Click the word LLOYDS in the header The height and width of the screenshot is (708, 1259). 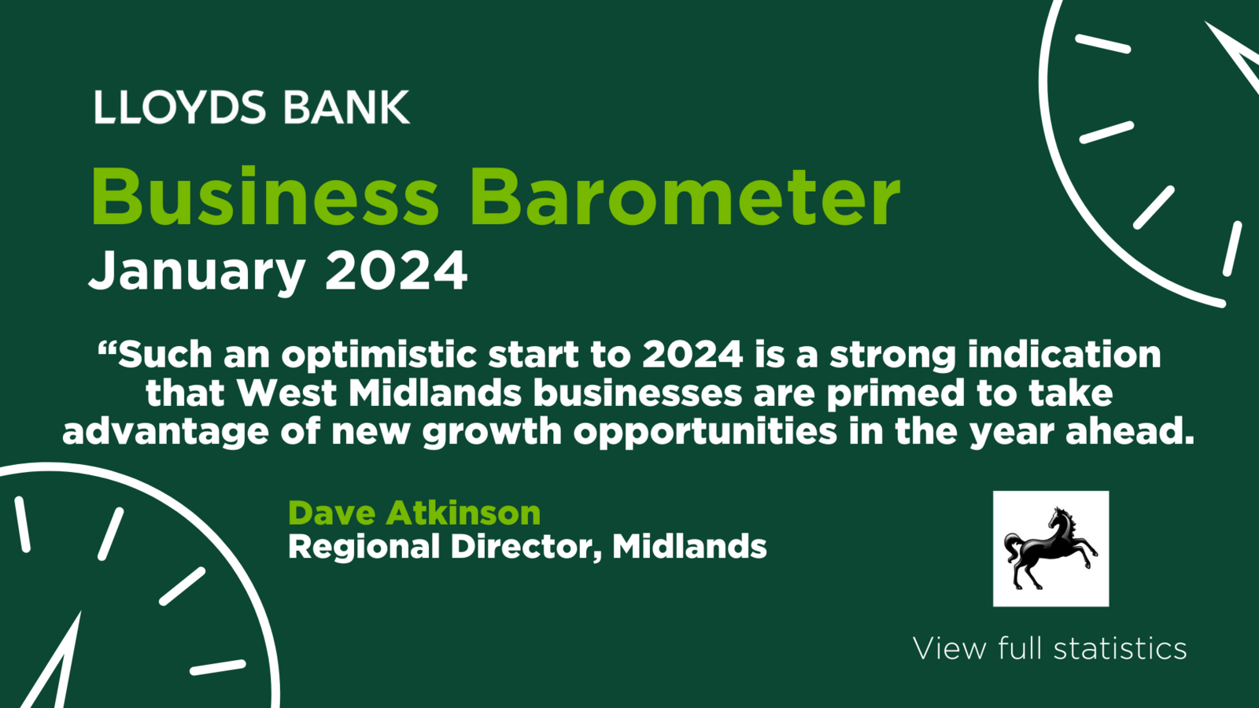coord(179,107)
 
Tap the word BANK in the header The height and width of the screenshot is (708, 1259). coord(347,107)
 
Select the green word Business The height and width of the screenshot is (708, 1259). coord(264,197)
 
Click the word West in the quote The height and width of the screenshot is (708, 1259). coord(286,393)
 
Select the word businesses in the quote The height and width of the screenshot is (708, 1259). coord(638,393)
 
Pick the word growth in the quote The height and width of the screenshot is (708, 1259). coord(493,432)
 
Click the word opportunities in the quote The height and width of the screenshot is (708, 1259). coord(705,432)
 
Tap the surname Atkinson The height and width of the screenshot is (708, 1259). coord(463,512)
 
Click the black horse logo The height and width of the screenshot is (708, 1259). coord(1050,549)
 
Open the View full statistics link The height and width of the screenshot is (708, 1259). coord(1050,649)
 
